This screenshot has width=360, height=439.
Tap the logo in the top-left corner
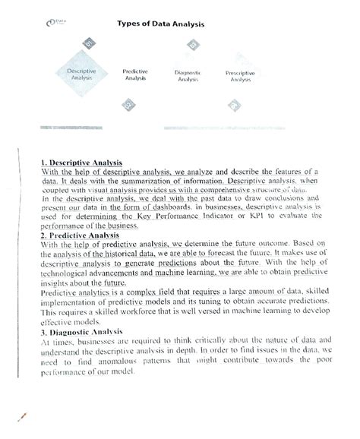tap(55, 24)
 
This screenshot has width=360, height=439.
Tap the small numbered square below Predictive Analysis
tap(130, 104)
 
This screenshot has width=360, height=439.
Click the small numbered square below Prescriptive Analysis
tap(235, 104)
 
